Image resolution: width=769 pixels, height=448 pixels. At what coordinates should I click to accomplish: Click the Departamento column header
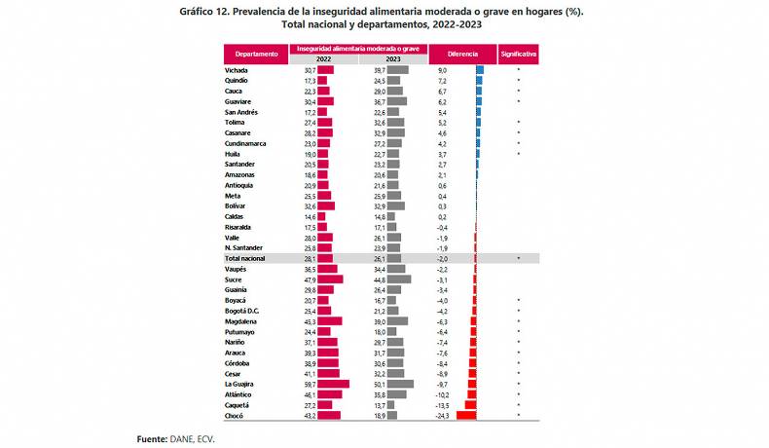click(x=256, y=54)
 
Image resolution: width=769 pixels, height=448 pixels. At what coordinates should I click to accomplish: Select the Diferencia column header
click(x=462, y=54)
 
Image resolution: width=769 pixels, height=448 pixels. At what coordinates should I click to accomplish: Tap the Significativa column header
click(x=518, y=54)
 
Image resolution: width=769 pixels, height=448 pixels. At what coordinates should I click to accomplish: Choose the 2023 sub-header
click(x=393, y=59)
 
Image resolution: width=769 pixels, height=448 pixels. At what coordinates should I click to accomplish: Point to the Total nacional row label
click(x=245, y=258)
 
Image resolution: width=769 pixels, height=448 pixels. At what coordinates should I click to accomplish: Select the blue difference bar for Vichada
click(x=480, y=70)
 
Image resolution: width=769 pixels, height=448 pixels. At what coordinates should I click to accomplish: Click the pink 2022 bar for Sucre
click(x=331, y=279)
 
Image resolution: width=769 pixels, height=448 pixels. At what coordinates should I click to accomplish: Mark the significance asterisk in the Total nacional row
click(x=519, y=258)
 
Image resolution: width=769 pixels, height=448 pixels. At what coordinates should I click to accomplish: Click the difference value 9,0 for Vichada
click(x=442, y=70)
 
